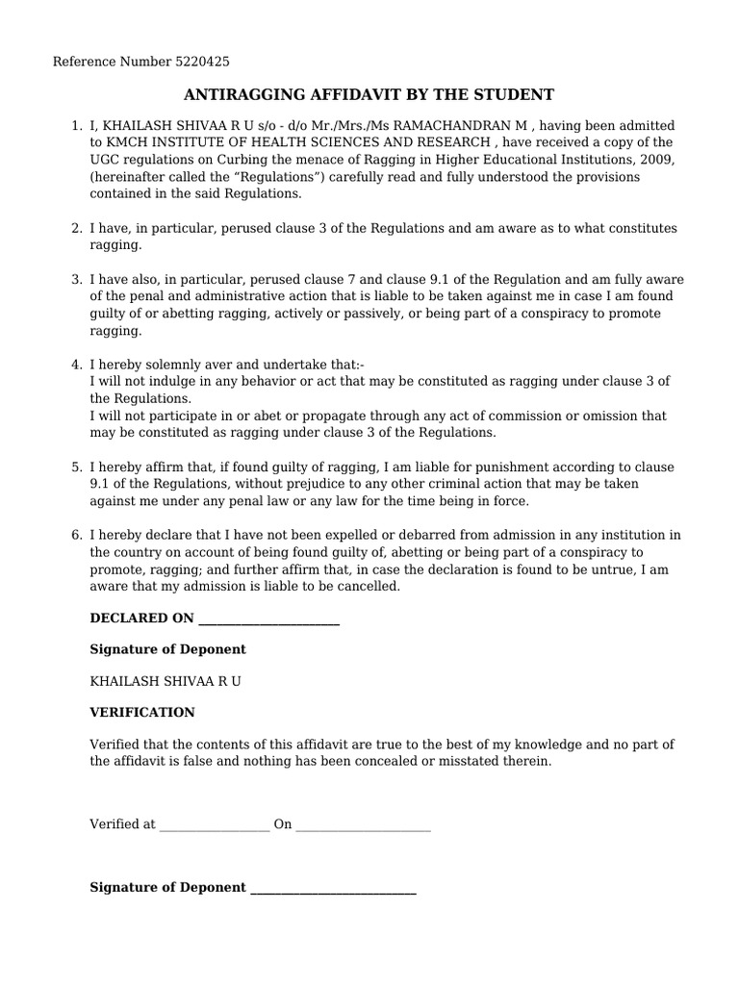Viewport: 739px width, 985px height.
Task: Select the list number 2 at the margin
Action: pyautogui.click(x=76, y=228)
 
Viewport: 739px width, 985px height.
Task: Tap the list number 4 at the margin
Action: pyautogui.click(x=76, y=365)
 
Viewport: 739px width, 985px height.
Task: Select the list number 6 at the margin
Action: pyautogui.click(x=76, y=535)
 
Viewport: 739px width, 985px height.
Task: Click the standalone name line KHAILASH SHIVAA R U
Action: pyautogui.click(x=166, y=681)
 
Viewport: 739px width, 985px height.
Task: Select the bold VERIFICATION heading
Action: pyautogui.click(x=142, y=713)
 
